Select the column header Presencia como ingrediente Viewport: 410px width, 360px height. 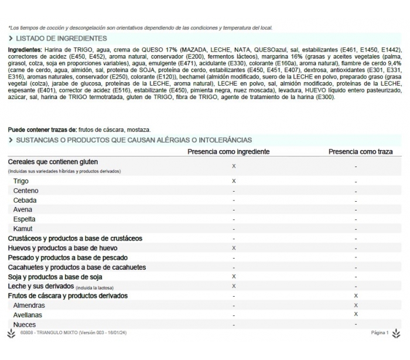point(228,151)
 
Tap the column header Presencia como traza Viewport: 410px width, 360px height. point(360,151)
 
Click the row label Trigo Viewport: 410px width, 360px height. point(21,181)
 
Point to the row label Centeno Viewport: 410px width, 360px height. point(26,191)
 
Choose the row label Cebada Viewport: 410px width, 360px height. point(25,200)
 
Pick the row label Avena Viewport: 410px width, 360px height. point(23,209)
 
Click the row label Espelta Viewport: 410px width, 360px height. point(24,219)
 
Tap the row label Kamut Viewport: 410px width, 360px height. point(23,229)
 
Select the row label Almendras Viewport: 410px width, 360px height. point(29,305)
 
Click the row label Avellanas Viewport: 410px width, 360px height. point(28,315)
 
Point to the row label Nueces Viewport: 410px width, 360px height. point(25,324)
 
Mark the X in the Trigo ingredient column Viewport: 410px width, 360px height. point(234,181)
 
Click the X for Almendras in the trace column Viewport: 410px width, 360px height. point(356,305)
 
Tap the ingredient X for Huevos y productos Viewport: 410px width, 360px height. point(234,248)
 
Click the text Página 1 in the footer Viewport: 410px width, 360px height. point(380,333)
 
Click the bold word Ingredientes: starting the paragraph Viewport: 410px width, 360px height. point(25,50)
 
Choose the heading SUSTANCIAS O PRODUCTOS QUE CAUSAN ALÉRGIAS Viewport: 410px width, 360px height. point(134,140)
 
